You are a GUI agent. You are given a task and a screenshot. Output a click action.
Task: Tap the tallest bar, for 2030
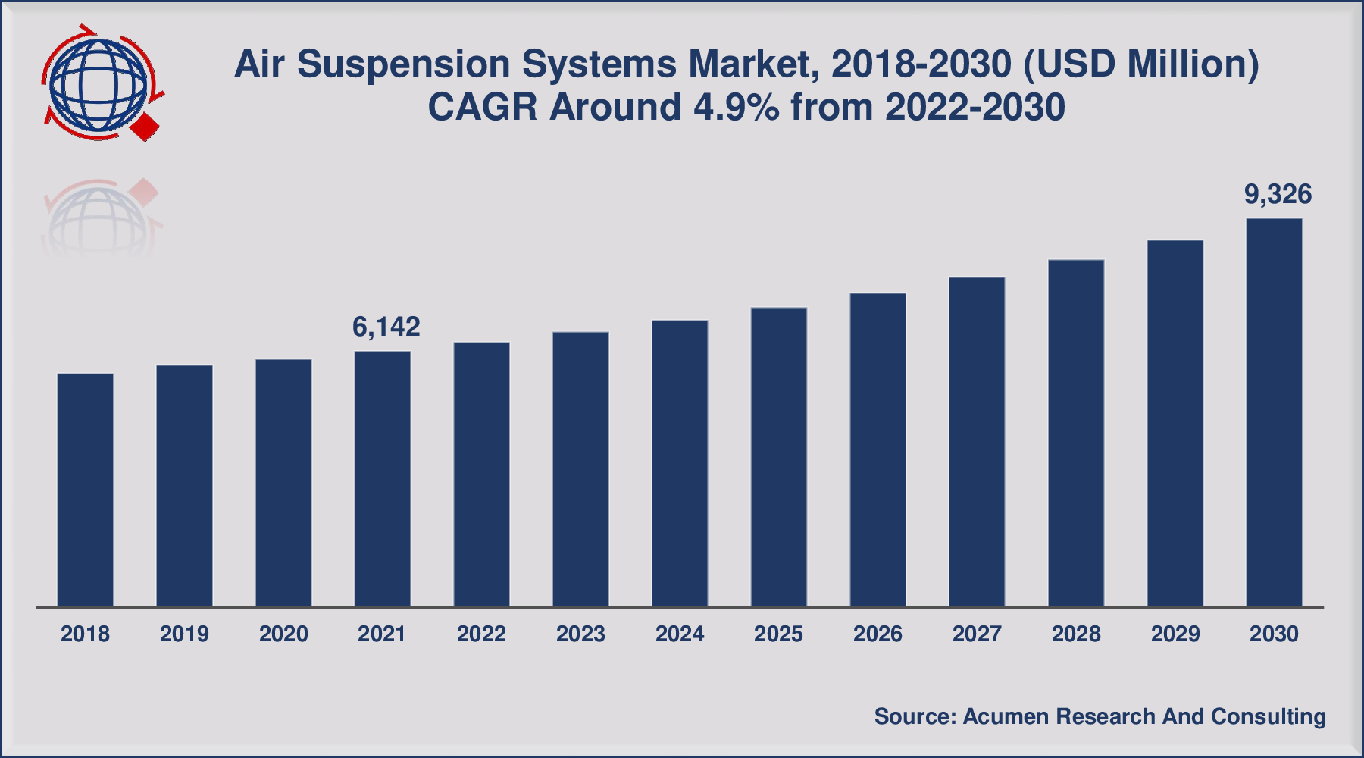pos(1274,412)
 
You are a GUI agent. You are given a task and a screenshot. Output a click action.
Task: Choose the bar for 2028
pos(1076,433)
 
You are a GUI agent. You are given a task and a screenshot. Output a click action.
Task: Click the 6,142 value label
pos(386,327)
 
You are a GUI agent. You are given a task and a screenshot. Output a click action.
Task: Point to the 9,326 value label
pos(1278,195)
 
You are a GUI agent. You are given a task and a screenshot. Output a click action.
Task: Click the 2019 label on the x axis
pos(184,634)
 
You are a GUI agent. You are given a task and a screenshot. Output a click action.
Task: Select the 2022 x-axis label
pos(481,634)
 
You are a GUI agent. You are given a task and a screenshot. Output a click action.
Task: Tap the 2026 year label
pos(878,634)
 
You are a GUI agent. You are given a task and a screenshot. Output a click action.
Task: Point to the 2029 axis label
pos(1175,634)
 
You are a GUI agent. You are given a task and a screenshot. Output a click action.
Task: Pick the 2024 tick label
pos(680,634)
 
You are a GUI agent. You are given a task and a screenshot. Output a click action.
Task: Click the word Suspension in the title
pos(403,64)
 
